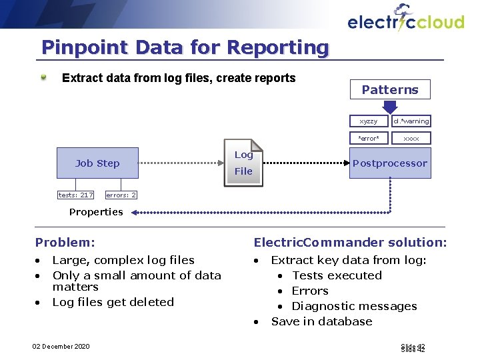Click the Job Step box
click(x=97, y=163)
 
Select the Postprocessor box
click(x=390, y=163)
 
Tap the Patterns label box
click(x=390, y=89)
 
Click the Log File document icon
click(x=243, y=163)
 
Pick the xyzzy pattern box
click(x=369, y=121)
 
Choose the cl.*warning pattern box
click(x=411, y=121)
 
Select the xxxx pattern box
click(x=411, y=138)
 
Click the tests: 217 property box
click(x=75, y=195)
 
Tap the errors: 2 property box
click(x=121, y=195)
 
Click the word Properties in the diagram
click(x=96, y=212)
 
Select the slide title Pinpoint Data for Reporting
click(x=185, y=47)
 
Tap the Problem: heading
click(x=65, y=243)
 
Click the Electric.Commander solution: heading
click(x=350, y=243)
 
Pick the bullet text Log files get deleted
click(x=113, y=302)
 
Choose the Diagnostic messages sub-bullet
click(x=354, y=306)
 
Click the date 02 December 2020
click(x=61, y=346)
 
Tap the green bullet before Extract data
click(x=44, y=77)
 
